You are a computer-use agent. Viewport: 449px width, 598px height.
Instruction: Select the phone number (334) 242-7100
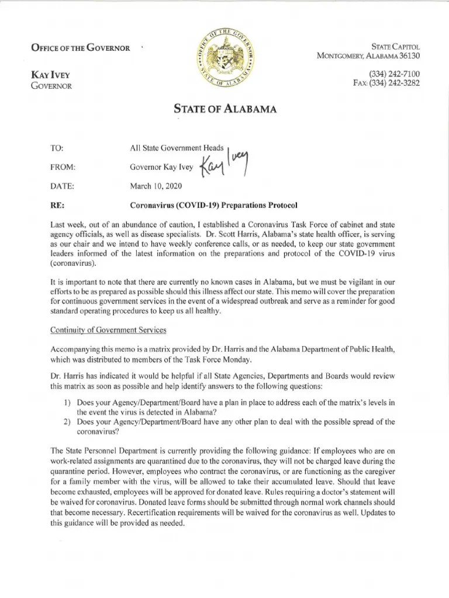[394, 73]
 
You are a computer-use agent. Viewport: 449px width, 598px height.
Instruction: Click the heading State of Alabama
[224, 109]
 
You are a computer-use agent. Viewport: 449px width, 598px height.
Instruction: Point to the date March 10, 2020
[156, 186]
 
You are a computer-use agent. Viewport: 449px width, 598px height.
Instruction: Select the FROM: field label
[64, 168]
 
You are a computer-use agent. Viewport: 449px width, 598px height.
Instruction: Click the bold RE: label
[58, 205]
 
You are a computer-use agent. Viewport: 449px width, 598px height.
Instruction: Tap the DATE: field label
[63, 186]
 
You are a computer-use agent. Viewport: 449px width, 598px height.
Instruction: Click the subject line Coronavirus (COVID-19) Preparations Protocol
[213, 205]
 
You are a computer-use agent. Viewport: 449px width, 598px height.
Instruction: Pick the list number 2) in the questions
[67, 422]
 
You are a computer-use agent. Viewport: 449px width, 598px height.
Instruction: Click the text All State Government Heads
[176, 149]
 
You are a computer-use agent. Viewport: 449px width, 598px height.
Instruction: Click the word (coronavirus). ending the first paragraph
[73, 263]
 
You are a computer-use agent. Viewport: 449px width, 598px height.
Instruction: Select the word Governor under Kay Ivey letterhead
[51, 86]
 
